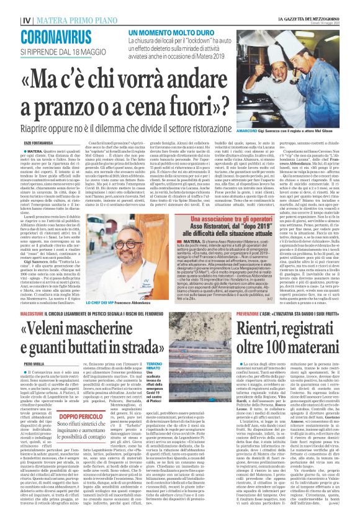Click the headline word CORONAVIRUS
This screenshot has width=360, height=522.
[56, 36]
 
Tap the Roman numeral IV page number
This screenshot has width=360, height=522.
[26, 20]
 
